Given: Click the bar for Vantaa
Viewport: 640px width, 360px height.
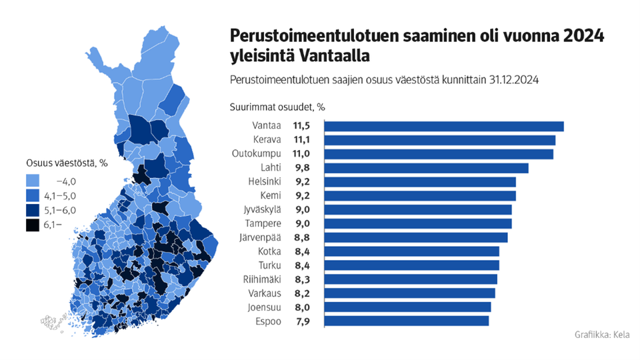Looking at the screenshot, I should (x=443, y=127).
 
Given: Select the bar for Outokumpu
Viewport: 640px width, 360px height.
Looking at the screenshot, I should (x=438, y=154).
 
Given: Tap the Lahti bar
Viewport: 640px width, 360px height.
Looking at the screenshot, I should (x=425, y=168).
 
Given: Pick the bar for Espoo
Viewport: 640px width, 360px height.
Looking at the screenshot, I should (x=406, y=321).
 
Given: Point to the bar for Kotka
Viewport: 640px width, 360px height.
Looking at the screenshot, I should (x=411, y=251).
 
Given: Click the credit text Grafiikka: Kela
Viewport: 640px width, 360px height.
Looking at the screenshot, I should (x=601, y=335).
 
